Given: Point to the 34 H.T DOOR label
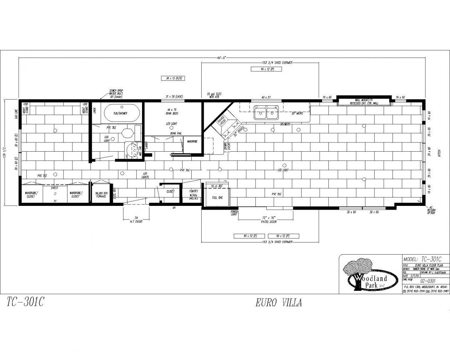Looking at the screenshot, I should click(x=133, y=219).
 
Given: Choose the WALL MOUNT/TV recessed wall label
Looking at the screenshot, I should click(x=363, y=101).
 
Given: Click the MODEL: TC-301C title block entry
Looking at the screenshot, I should click(x=422, y=259).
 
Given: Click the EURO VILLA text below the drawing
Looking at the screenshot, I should click(x=279, y=303).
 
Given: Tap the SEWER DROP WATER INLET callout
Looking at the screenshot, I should click(x=116, y=92).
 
